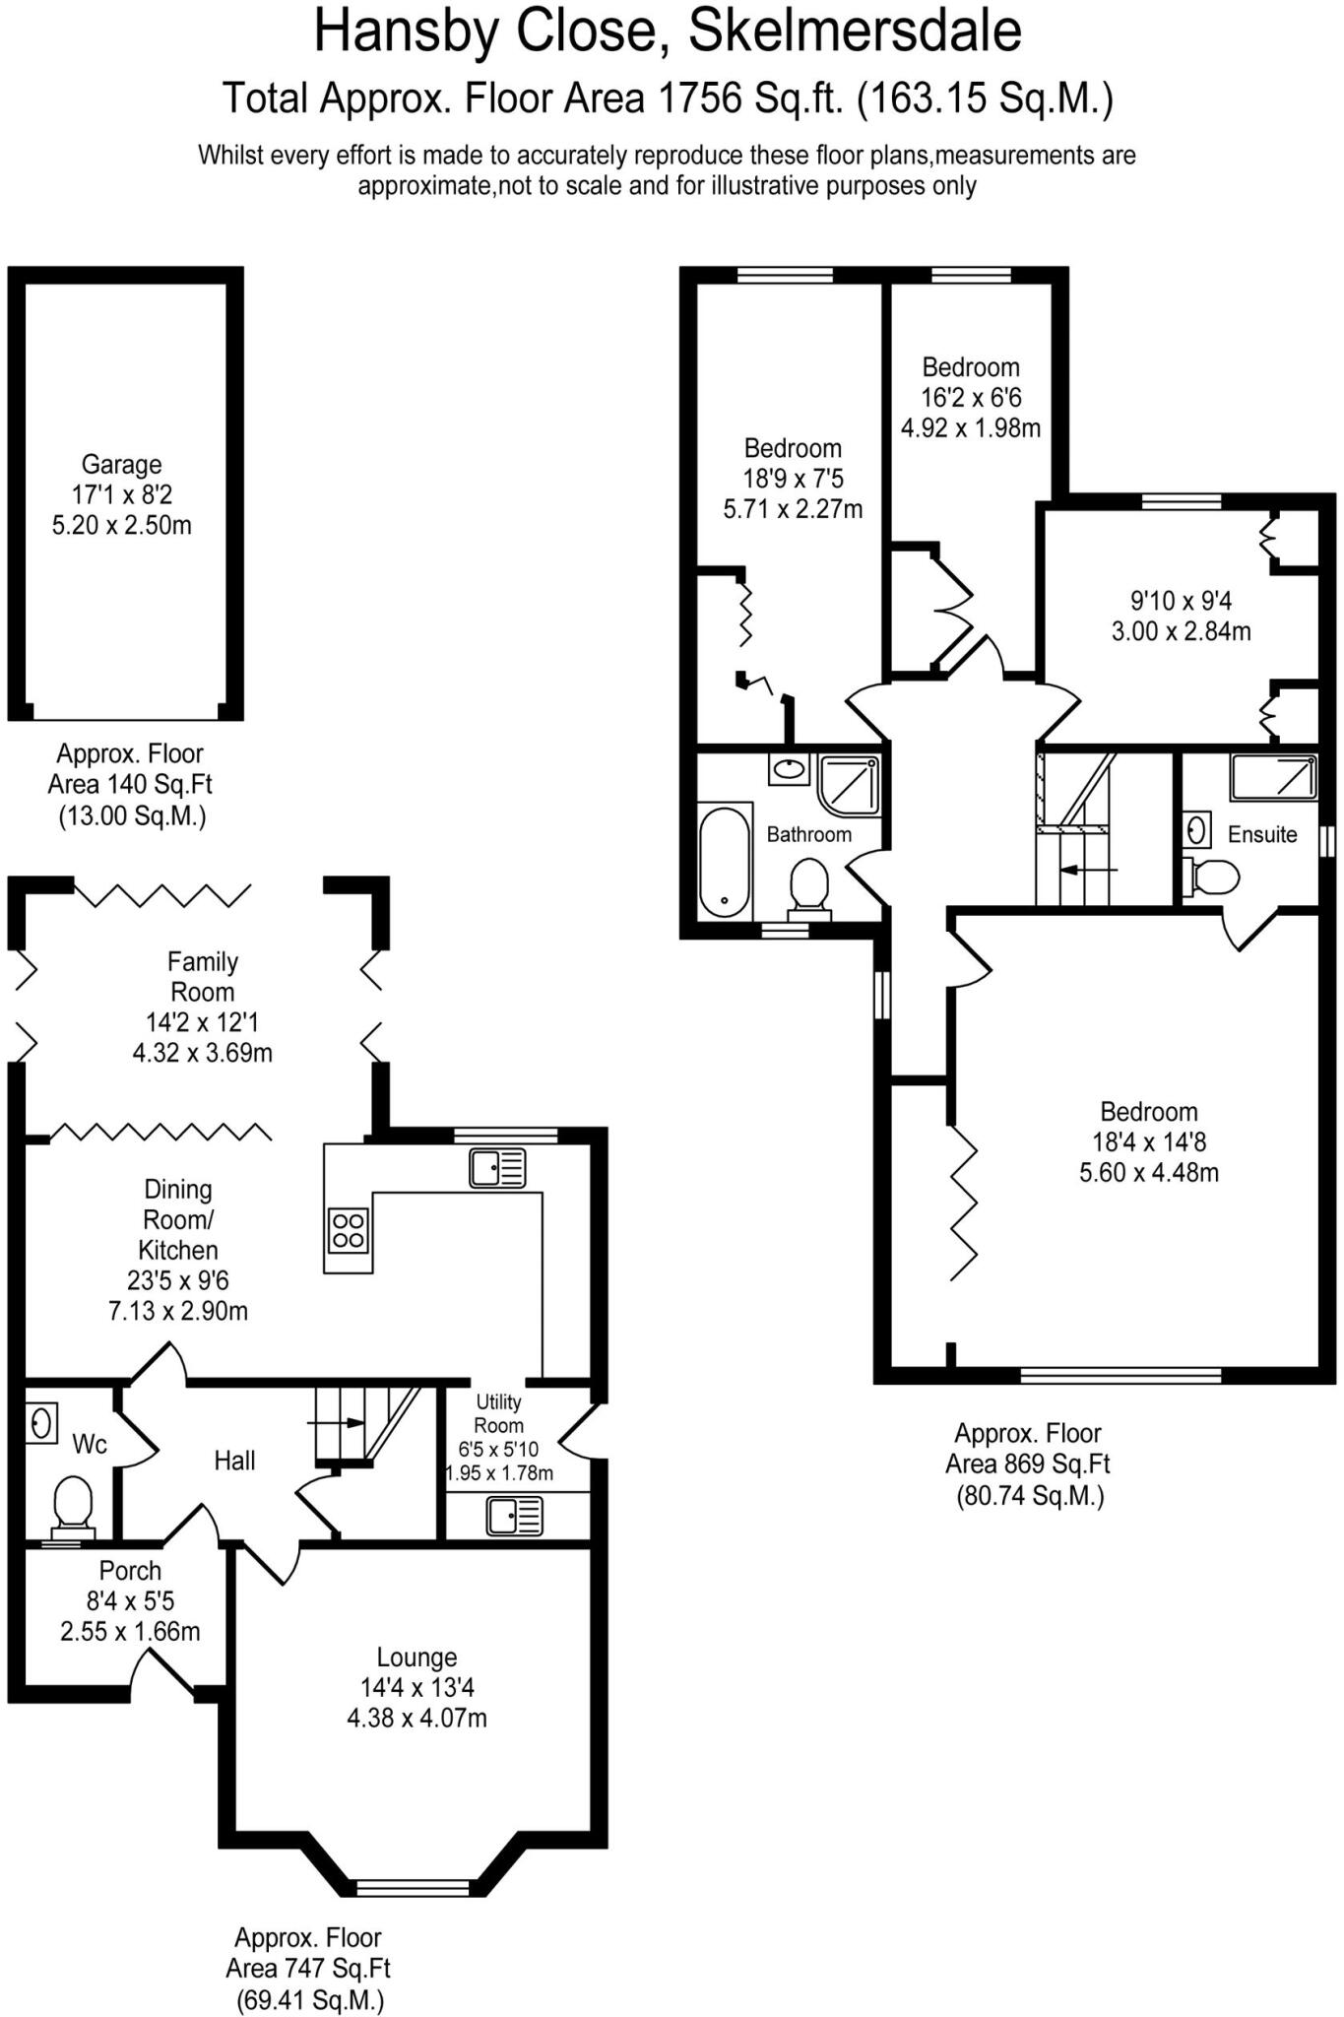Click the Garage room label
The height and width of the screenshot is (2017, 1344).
tap(121, 464)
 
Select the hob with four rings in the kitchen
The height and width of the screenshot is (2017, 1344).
tap(348, 1229)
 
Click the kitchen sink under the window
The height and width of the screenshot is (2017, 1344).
tap(497, 1168)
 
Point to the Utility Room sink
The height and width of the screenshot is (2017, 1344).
tap(514, 1516)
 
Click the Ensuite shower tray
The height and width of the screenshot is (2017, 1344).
tap(1272, 777)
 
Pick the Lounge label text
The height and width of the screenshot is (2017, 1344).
tap(416, 1658)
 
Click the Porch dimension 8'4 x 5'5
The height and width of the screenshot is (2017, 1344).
tap(130, 1601)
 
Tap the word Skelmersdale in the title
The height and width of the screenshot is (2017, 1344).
tap(855, 32)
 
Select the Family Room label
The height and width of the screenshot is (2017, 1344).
tap(203, 976)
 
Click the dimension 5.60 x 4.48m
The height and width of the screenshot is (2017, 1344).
tap(1149, 1173)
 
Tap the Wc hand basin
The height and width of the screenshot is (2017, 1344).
tap(40, 1422)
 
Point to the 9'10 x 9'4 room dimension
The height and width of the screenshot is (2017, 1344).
tap(1181, 601)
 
